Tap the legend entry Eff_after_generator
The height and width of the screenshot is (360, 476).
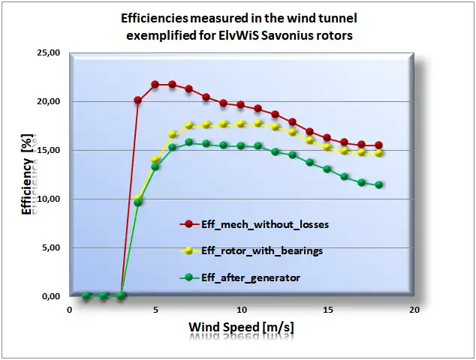[250, 277]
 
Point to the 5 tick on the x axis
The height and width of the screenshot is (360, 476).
[155, 309]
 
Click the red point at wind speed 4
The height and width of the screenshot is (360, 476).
[138, 100]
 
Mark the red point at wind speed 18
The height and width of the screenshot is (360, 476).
[379, 145]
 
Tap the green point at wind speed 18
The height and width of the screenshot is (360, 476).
[379, 184]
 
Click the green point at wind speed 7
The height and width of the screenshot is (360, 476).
[189, 142]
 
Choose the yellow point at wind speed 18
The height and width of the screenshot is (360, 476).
[379, 153]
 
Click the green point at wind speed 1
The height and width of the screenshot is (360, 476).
[86, 295]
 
